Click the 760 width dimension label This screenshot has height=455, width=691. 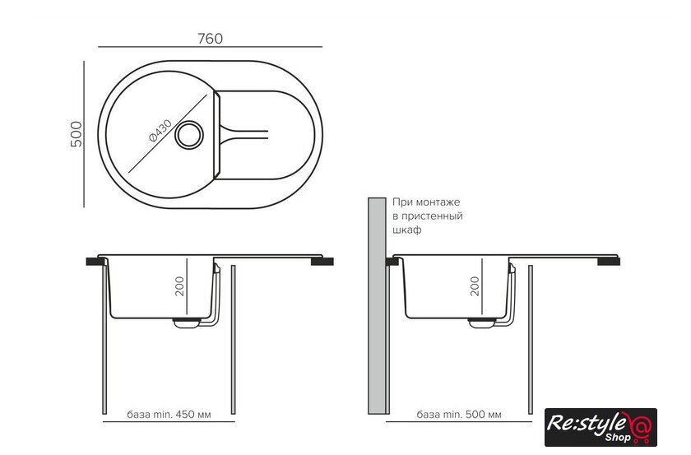pos(211,39)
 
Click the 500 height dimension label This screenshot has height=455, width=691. pos(77,134)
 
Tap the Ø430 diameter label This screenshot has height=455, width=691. pos(160,131)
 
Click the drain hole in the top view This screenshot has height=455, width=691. pos(189,135)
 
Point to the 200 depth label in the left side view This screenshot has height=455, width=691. pos(179,286)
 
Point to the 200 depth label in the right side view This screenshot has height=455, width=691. pos(475,286)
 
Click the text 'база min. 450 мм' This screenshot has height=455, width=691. pos(169,415)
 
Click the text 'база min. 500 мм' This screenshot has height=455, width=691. pos(459,415)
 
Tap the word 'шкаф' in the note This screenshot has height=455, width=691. pos(406,230)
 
